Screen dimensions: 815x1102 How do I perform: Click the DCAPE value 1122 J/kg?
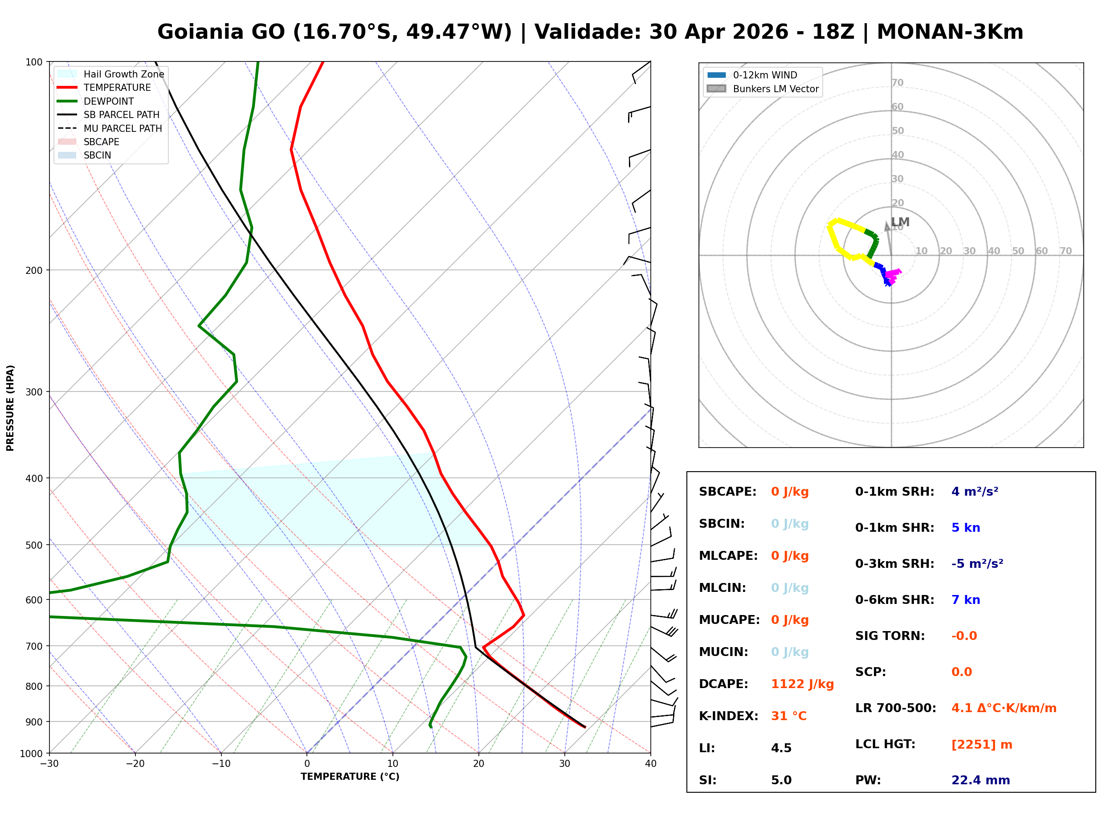[802, 684]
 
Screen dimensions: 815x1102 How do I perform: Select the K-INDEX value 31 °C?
[789, 716]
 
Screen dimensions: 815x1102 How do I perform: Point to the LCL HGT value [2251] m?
[982, 745]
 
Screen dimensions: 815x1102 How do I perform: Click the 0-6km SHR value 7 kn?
[965, 600]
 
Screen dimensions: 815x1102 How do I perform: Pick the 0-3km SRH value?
[977, 564]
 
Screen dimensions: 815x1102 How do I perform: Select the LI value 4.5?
[781, 748]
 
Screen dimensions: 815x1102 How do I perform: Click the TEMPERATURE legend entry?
[117, 88]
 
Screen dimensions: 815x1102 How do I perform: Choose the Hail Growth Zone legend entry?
[123, 74]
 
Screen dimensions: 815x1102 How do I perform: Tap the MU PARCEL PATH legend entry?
[122, 129]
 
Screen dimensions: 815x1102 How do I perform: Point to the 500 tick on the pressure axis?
[34, 546]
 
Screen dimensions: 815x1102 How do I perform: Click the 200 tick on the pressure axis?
[34, 270]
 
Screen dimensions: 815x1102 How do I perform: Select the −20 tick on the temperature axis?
[135, 764]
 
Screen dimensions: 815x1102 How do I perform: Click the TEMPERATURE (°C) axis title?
[350, 777]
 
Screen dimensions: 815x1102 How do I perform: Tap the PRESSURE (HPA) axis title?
[10, 408]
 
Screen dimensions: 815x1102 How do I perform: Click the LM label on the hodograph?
[900, 223]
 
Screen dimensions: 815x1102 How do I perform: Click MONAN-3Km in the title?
[950, 32]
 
